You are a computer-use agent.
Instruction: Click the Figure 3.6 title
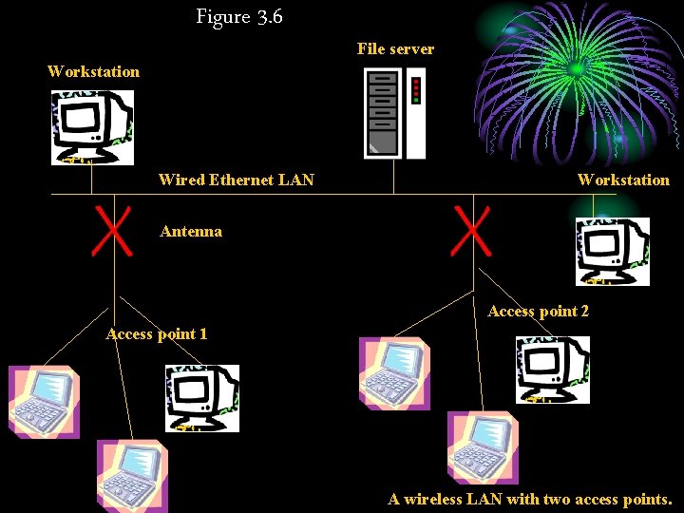click(x=239, y=16)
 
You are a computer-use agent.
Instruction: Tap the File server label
click(x=395, y=48)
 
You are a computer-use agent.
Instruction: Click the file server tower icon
click(x=394, y=114)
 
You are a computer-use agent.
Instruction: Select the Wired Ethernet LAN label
click(x=237, y=180)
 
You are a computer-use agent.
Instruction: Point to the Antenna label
click(x=191, y=231)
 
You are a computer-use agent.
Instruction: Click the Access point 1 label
click(x=157, y=333)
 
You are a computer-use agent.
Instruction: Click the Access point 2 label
click(x=538, y=311)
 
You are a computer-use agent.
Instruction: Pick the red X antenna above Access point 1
click(x=110, y=233)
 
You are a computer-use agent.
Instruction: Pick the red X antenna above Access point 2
click(x=471, y=233)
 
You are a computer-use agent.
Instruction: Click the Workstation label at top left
click(x=93, y=71)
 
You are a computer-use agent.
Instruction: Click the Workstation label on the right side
click(x=623, y=180)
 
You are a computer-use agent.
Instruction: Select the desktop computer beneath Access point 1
click(x=202, y=397)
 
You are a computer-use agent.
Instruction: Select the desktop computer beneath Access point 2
click(x=552, y=369)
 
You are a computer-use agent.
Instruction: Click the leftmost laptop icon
click(x=44, y=401)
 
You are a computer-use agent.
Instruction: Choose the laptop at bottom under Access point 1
click(x=132, y=475)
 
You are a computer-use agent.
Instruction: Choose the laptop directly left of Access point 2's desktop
click(x=394, y=372)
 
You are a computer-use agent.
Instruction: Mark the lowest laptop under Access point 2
click(x=483, y=446)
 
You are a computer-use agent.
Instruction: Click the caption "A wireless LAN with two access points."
click(x=529, y=499)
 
